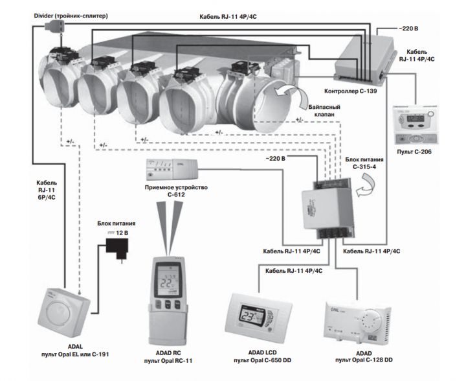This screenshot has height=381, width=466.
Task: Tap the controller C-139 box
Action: [366, 55]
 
